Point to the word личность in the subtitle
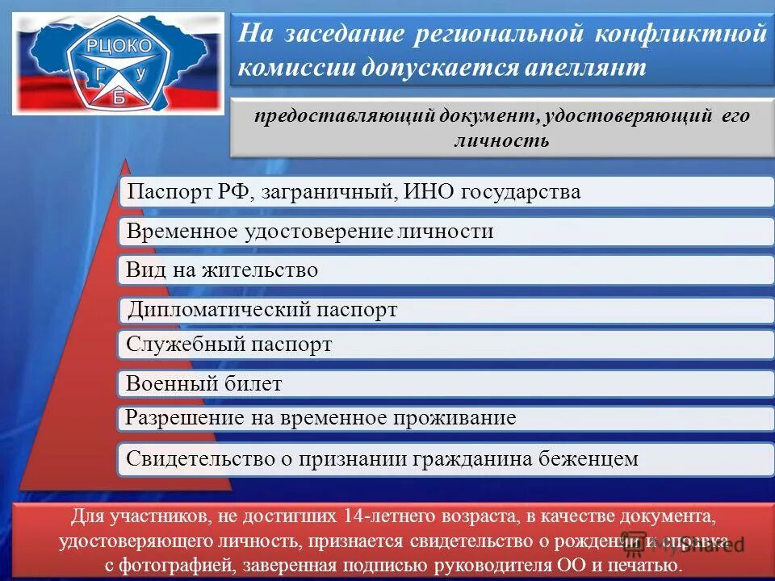click(501, 141)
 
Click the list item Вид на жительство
click(222, 270)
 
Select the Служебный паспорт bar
click(229, 345)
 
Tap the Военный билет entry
click(204, 384)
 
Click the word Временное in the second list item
click(182, 232)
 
